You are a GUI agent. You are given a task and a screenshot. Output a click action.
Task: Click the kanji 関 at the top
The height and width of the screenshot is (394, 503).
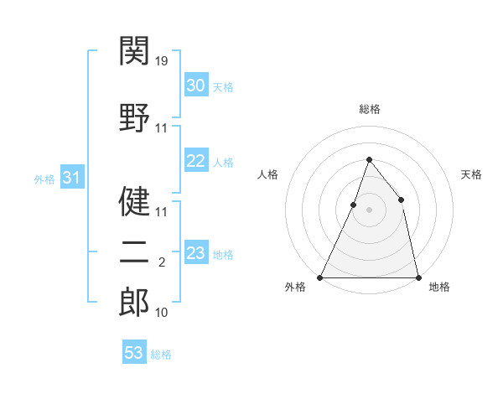click(x=134, y=52)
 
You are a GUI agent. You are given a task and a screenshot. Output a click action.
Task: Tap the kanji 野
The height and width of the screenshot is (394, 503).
click(x=134, y=117)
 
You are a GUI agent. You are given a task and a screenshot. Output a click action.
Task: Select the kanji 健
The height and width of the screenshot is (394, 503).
click(x=134, y=201)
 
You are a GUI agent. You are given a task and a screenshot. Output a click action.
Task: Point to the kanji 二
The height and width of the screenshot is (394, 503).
click(x=134, y=252)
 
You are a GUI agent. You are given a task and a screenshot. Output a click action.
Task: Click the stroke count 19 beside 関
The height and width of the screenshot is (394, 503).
click(x=163, y=60)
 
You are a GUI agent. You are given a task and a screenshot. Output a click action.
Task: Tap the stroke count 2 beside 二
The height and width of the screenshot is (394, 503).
click(x=162, y=262)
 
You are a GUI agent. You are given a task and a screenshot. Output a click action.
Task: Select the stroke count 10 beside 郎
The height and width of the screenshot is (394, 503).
click(x=163, y=313)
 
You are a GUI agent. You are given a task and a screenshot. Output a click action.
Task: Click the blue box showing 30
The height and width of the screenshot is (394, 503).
click(x=195, y=86)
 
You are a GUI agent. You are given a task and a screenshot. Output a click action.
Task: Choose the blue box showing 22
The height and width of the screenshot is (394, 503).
click(x=195, y=161)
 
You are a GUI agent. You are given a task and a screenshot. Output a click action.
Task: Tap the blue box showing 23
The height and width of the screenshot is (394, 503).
click(x=195, y=253)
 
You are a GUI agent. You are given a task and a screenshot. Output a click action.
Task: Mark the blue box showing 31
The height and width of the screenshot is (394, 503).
click(x=71, y=178)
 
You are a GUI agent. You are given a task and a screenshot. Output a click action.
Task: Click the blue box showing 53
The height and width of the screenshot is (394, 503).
click(x=133, y=353)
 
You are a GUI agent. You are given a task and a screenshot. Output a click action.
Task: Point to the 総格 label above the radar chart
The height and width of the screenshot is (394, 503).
click(x=369, y=109)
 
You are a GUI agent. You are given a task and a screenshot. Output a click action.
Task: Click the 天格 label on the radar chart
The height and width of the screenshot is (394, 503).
click(x=471, y=174)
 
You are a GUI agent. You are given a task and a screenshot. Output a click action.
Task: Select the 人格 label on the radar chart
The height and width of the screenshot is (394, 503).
click(x=267, y=174)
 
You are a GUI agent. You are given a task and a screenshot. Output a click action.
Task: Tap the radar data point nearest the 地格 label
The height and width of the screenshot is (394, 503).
click(x=417, y=277)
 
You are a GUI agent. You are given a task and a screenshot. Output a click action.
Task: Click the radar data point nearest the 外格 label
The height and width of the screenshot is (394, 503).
click(x=320, y=277)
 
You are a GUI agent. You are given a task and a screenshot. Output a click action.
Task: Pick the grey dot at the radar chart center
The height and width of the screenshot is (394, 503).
click(x=369, y=210)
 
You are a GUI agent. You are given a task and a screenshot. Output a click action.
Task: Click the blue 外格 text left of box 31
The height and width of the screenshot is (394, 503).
click(x=44, y=179)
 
